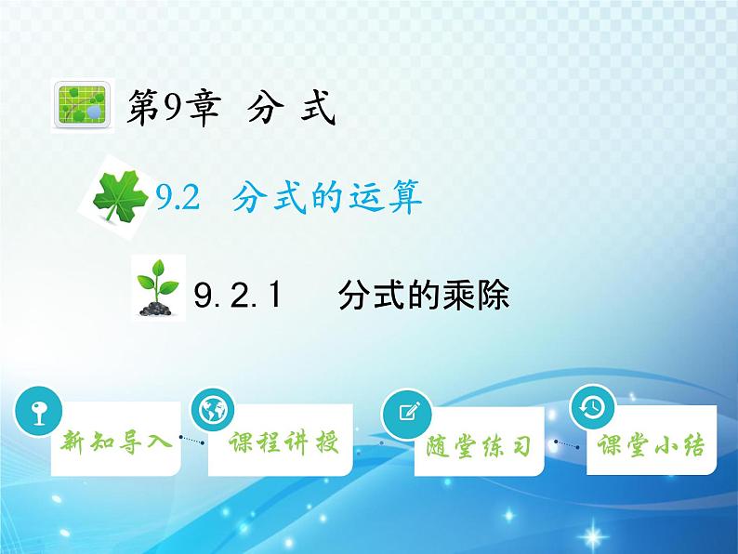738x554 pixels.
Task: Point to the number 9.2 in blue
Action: click(179, 196)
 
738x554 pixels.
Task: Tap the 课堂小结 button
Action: click(651, 446)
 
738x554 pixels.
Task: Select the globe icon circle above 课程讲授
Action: click(214, 409)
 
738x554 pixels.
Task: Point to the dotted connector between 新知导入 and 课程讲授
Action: click(191, 442)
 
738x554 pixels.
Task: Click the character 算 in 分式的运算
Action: click(403, 196)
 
